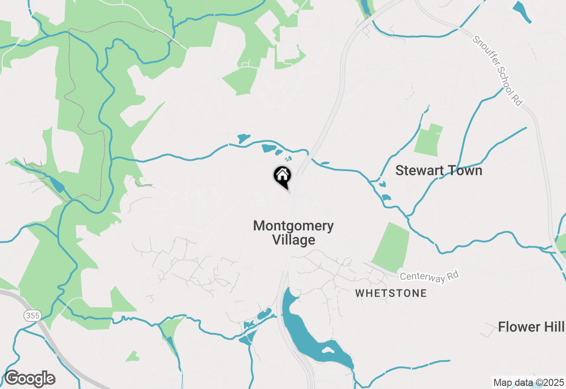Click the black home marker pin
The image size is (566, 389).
(x=282, y=176)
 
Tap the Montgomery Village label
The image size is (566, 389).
(x=293, y=233)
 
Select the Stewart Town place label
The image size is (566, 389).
(x=439, y=171)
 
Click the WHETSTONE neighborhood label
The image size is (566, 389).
(x=391, y=293)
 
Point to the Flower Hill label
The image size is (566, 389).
(x=531, y=327)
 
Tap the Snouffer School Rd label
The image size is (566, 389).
(x=498, y=71)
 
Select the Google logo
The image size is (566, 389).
(x=30, y=379)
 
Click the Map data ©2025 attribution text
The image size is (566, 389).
(x=529, y=382)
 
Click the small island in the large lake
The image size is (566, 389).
(x=328, y=350)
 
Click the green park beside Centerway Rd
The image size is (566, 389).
(x=392, y=248)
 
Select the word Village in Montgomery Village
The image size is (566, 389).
(x=294, y=240)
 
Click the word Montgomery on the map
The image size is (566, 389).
(x=293, y=226)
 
